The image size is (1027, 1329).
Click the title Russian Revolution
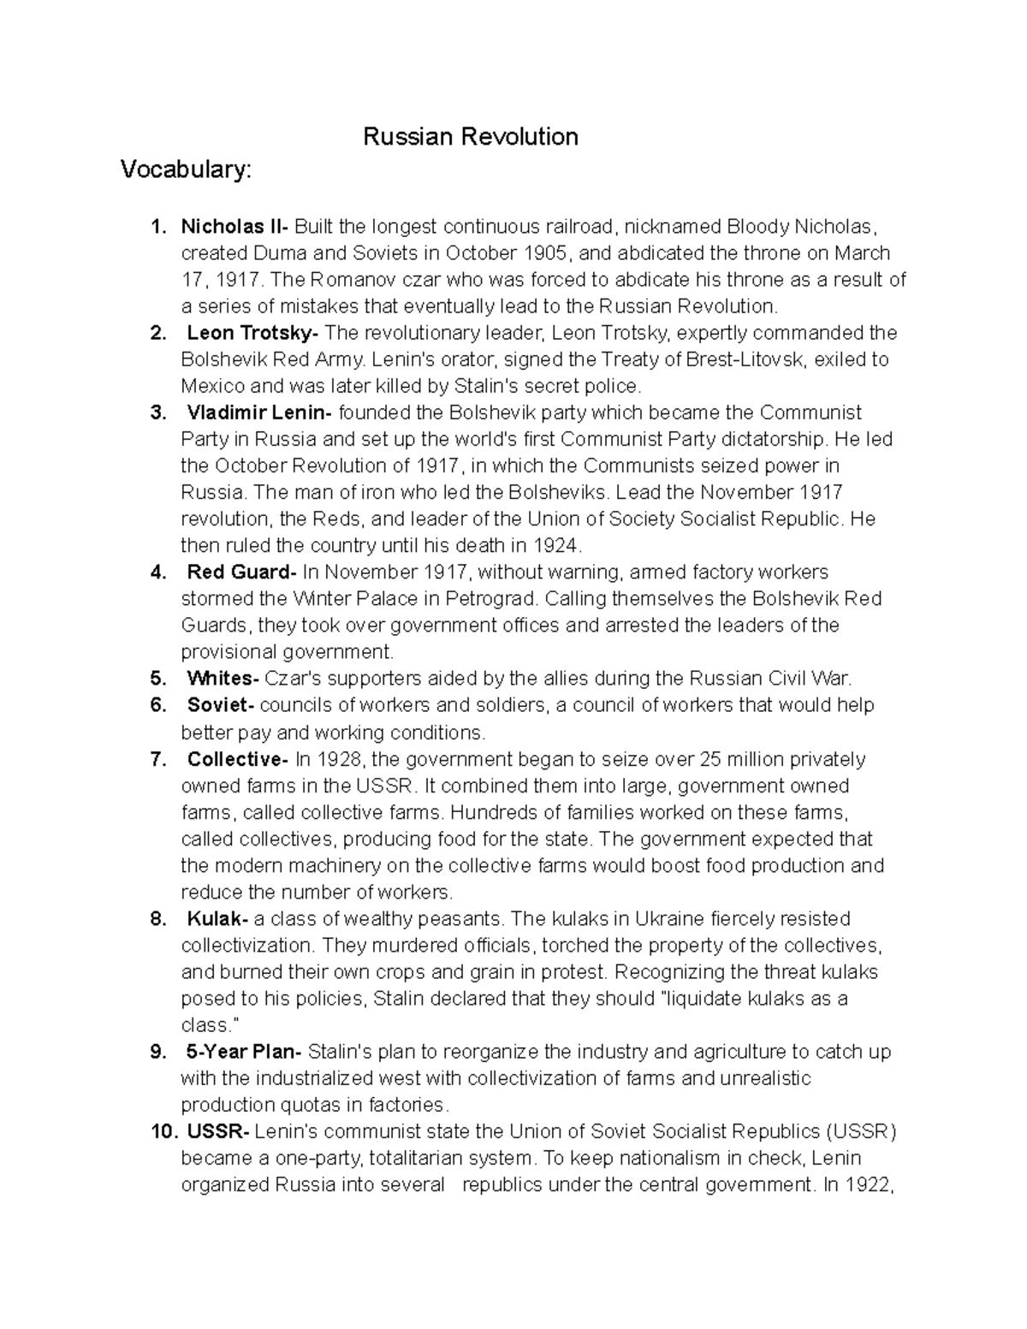[x=471, y=137]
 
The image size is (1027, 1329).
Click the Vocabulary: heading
[x=186, y=170]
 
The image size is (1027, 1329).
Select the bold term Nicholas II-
[x=235, y=227]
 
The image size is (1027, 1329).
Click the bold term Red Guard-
[x=242, y=572]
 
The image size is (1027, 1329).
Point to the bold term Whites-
[x=223, y=679]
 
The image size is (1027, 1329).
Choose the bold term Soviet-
[x=221, y=705]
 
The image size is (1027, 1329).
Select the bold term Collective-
[x=239, y=759]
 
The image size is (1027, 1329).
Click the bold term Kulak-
[x=218, y=919]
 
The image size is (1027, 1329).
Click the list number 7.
[x=157, y=759]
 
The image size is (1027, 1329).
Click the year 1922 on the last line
[x=873, y=1185]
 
